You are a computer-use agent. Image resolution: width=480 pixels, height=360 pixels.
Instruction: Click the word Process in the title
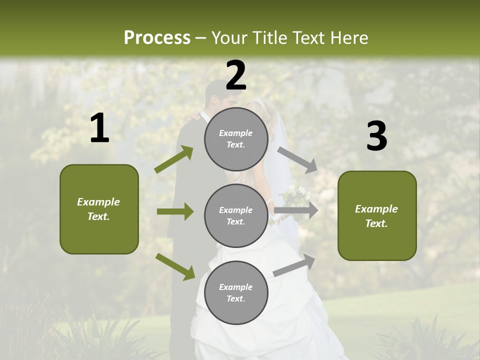click(x=157, y=38)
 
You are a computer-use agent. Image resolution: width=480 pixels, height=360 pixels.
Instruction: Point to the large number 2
click(x=236, y=75)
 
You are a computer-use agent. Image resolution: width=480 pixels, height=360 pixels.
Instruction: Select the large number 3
click(x=377, y=136)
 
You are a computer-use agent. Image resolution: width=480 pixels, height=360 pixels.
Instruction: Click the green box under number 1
click(x=99, y=209)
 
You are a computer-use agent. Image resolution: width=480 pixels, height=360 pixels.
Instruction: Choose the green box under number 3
click(x=377, y=216)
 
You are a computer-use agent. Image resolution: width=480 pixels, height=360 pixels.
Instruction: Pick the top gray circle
click(x=236, y=139)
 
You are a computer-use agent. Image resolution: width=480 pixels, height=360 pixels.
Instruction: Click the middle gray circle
click(x=236, y=216)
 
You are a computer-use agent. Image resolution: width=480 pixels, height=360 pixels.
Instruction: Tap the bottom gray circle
click(x=236, y=293)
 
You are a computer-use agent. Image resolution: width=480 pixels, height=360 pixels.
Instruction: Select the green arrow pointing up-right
click(x=174, y=159)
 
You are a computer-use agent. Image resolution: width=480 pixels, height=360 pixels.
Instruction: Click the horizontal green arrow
click(x=175, y=211)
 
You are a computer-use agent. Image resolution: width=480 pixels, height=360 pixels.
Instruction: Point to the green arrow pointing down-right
click(x=175, y=266)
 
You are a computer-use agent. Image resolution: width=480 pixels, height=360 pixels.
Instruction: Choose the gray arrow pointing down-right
click(x=297, y=159)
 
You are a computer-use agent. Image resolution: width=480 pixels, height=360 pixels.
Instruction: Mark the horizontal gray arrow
click(x=296, y=210)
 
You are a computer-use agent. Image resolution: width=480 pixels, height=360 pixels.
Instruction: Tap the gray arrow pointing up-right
click(x=294, y=265)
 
